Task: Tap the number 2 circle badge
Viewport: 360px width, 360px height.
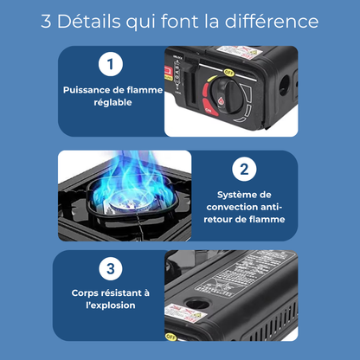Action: [245, 169]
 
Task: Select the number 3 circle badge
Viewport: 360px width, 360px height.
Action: [109, 269]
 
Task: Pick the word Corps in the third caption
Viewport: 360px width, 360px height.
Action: [87, 292]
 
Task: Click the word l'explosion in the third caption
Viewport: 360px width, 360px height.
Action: [110, 305]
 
